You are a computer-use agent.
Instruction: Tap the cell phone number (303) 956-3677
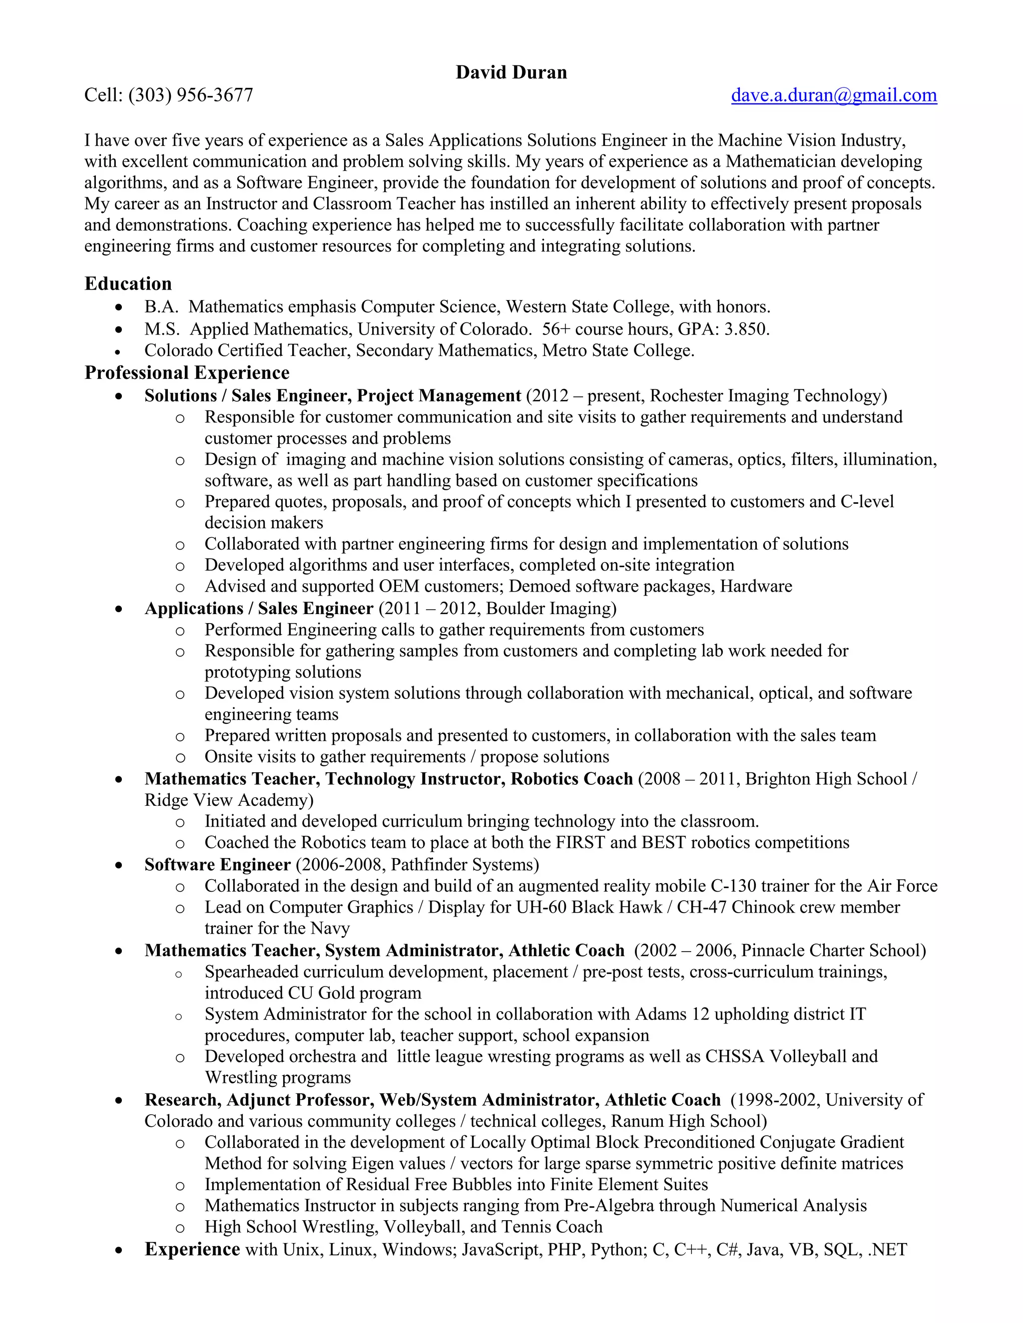point(190,95)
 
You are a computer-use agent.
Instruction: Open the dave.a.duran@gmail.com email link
point(833,95)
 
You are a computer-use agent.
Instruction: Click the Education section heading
point(128,284)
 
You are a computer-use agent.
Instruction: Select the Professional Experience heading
point(187,372)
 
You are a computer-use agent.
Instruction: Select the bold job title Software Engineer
point(217,864)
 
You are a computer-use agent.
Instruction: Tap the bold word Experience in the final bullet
point(192,1250)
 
